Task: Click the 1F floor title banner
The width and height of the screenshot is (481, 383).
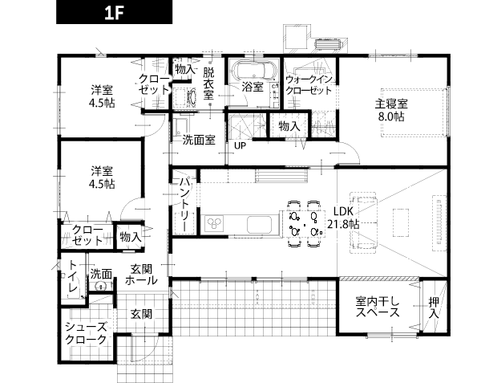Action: pos(114,12)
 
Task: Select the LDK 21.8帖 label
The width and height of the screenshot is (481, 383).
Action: pos(343,218)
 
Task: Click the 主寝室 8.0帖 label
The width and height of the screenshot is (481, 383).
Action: pos(391,110)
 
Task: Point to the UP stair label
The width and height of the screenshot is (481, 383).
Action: pos(240,145)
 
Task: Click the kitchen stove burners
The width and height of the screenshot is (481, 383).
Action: pos(214,223)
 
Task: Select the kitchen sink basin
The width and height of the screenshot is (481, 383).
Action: pos(260,225)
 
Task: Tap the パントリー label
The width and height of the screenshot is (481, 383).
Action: pos(184,205)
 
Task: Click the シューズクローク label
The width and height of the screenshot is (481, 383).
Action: pos(87,333)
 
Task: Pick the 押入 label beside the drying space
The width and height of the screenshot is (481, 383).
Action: pos(434,308)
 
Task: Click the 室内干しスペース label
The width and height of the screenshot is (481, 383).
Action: pos(378,307)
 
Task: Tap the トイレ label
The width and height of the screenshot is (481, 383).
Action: pos(73,275)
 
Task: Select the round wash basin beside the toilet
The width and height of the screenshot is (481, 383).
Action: pos(101,287)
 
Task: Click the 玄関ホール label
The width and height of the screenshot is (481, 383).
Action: pos(141,275)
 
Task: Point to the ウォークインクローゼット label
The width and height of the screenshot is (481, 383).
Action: pos(309,85)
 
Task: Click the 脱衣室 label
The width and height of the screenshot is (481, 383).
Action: pos(208,84)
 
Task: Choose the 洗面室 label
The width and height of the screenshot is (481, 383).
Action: pos(199,140)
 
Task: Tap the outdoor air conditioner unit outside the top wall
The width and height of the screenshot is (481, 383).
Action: pos(329,44)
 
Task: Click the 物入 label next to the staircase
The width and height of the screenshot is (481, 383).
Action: pos(289,126)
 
